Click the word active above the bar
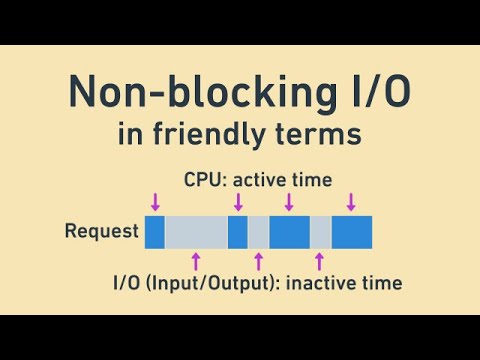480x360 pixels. click(x=263, y=180)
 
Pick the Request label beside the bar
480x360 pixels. click(x=101, y=232)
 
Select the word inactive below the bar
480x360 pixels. click(x=323, y=283)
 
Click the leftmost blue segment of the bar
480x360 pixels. click(x=154, y=232)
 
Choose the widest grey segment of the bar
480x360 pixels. click(x=196, y=232)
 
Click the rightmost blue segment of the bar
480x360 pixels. click(x=352, y=232)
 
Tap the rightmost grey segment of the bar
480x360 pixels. click(x=320, y=232)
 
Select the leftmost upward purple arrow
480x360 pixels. click(x=196, y=261)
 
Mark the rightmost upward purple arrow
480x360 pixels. click(x=320, y=261)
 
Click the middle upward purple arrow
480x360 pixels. click(x=258, y=261)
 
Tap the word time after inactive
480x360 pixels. click(x=382, y=283)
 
